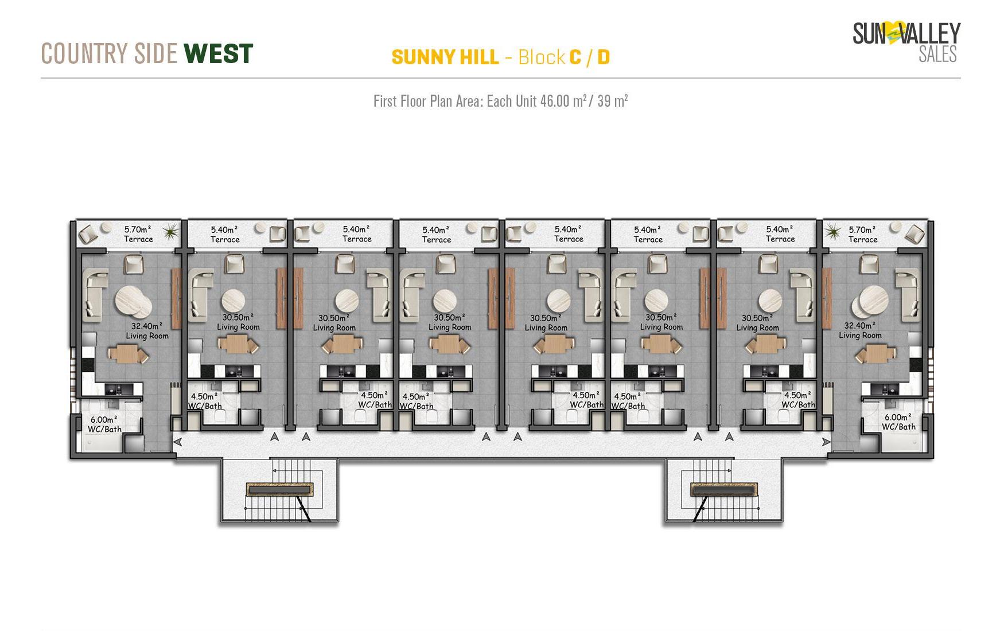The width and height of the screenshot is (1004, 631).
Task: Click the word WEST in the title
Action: [218, 53]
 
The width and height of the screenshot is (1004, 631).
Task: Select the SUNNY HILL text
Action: [445, 57]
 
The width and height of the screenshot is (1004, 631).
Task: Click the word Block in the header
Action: [542, 57]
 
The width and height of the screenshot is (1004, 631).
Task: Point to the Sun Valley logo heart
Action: [893, 33]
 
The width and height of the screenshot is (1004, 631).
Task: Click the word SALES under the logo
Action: [937, 54]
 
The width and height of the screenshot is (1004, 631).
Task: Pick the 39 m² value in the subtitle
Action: [612, 101]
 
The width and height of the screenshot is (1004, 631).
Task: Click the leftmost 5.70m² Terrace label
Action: [138, 234]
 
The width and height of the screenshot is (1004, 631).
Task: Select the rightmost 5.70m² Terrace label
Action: [863, 235]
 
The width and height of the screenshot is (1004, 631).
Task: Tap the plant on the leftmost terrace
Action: [171, 232]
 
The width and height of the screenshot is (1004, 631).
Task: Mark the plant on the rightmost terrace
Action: [832, 232]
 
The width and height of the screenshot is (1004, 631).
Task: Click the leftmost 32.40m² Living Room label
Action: [147, 331]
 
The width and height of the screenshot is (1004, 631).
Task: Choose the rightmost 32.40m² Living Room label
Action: [860, 330]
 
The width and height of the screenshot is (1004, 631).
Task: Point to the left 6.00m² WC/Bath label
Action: [104, 424]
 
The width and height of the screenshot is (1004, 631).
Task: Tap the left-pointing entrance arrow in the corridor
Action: [178, 442]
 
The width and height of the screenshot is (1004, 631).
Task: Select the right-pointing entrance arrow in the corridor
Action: [826, 442]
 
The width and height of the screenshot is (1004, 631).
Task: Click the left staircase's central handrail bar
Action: [280, 489]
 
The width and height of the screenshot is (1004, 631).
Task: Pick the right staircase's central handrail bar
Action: [723, 489]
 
